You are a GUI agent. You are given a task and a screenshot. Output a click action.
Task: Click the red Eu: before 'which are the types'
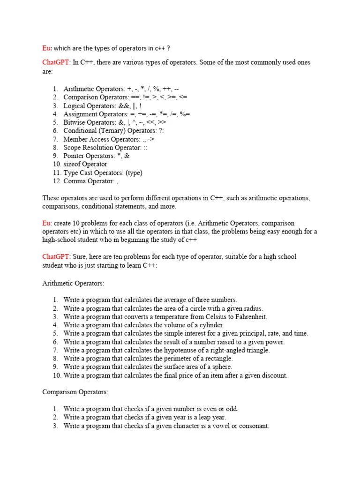(47, 48)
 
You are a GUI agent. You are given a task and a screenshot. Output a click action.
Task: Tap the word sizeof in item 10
(73, 164)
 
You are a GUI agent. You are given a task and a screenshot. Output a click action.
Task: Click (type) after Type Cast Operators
(133, 172)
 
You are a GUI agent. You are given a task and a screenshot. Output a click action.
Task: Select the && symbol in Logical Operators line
(123, 105)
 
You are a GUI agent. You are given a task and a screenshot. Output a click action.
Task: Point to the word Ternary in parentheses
(112, 131)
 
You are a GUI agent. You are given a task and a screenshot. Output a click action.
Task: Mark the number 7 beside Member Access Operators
(55, 139)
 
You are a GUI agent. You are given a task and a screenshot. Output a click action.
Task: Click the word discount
(273, 375)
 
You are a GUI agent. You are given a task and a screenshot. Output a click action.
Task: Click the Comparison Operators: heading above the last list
(75, 392)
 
